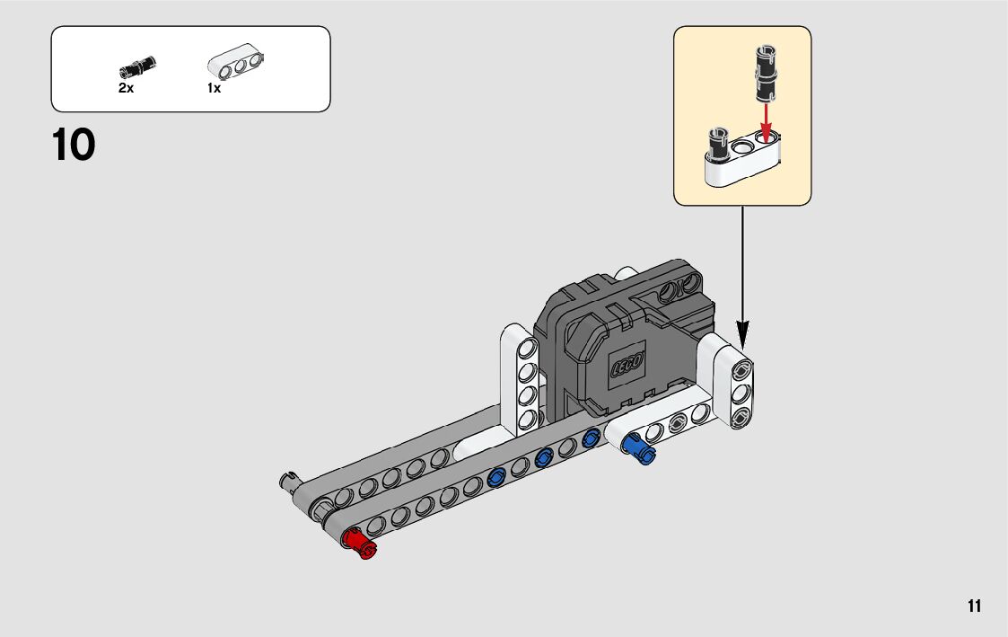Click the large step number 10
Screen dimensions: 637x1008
pyautogui.click(x=74, y=146)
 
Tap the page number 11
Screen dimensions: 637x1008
pyautogui.click(x=975, y=606)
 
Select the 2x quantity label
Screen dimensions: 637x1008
pyautogui.click(x=126, y=89)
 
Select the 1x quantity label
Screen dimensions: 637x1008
pyautogui.click(x=214, y=89)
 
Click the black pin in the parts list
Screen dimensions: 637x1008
pyautogui.click(x=136, y=66)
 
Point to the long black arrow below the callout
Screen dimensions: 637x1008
pyautogui.click(x=742, y=270)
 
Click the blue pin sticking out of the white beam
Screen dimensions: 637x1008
pyautogui.click(x=638, y=447)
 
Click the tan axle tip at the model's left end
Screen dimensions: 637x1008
pyautogui.click(x=289, y=481)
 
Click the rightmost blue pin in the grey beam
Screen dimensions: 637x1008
pyautogui.click(x=590, y=438)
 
